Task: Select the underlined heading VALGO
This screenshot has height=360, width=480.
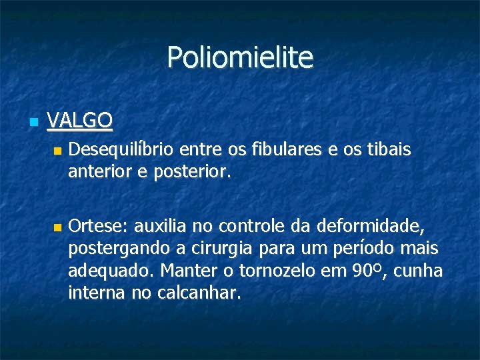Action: (80, 121)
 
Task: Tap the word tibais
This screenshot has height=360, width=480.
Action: (389, 151)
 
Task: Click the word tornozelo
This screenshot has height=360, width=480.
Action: (280, 271)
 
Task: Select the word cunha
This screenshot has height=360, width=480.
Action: (419, 271)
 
